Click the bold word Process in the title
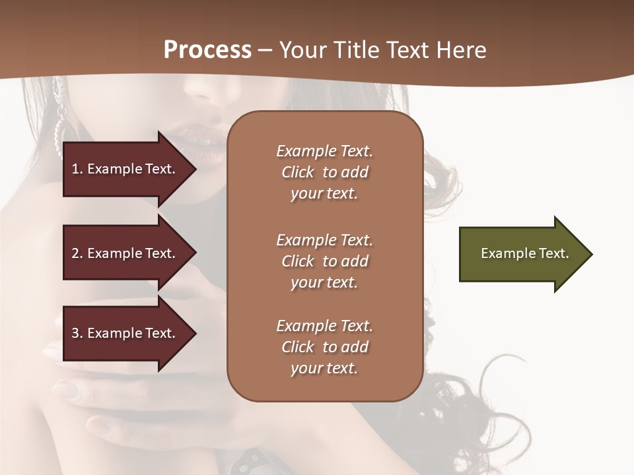coord(207,50)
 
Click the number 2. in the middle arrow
coord(77,253)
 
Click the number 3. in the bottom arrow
coord(77,333)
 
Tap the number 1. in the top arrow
coord(77,170)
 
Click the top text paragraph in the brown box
coord(324,172)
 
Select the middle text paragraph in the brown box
coord(324,261)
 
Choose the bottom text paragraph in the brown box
coord(324,347)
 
